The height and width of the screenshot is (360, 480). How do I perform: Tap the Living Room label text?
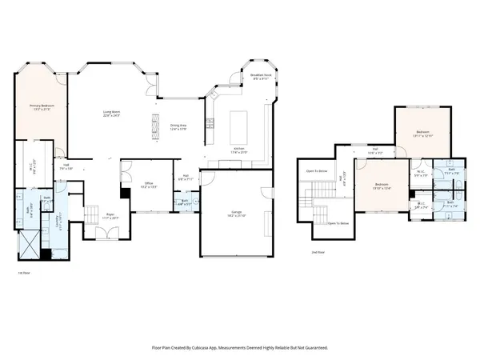coord(117,113)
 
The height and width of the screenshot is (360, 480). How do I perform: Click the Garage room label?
coord(236,214)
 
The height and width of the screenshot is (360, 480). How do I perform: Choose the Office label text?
coord(147,185)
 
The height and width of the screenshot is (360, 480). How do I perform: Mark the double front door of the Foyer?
coord(103,234)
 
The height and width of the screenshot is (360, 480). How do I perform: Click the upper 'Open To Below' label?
coord(317,170)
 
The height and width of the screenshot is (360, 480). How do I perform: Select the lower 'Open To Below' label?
coord(338,223)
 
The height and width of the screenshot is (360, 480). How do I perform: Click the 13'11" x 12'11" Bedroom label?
coord(422,133)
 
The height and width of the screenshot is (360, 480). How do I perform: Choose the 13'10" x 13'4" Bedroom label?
coord(382,187)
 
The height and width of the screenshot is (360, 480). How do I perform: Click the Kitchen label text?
coord(238,150)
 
